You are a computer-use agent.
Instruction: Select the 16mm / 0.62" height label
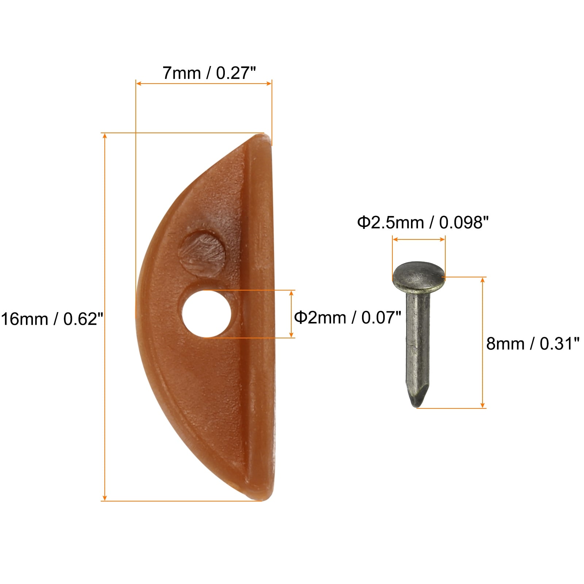pyautogui.click(x=52, y=319)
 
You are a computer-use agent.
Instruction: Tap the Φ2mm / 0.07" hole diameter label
pyautogui.click(x=347, y=317)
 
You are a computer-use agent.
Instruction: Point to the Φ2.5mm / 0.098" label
pyautogui.click(x=423, y=222)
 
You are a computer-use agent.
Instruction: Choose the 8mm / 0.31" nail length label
pyautogui.click(x=533, y=343)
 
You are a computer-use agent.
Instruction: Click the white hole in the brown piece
pyautogui.click(x=207, y=314)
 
